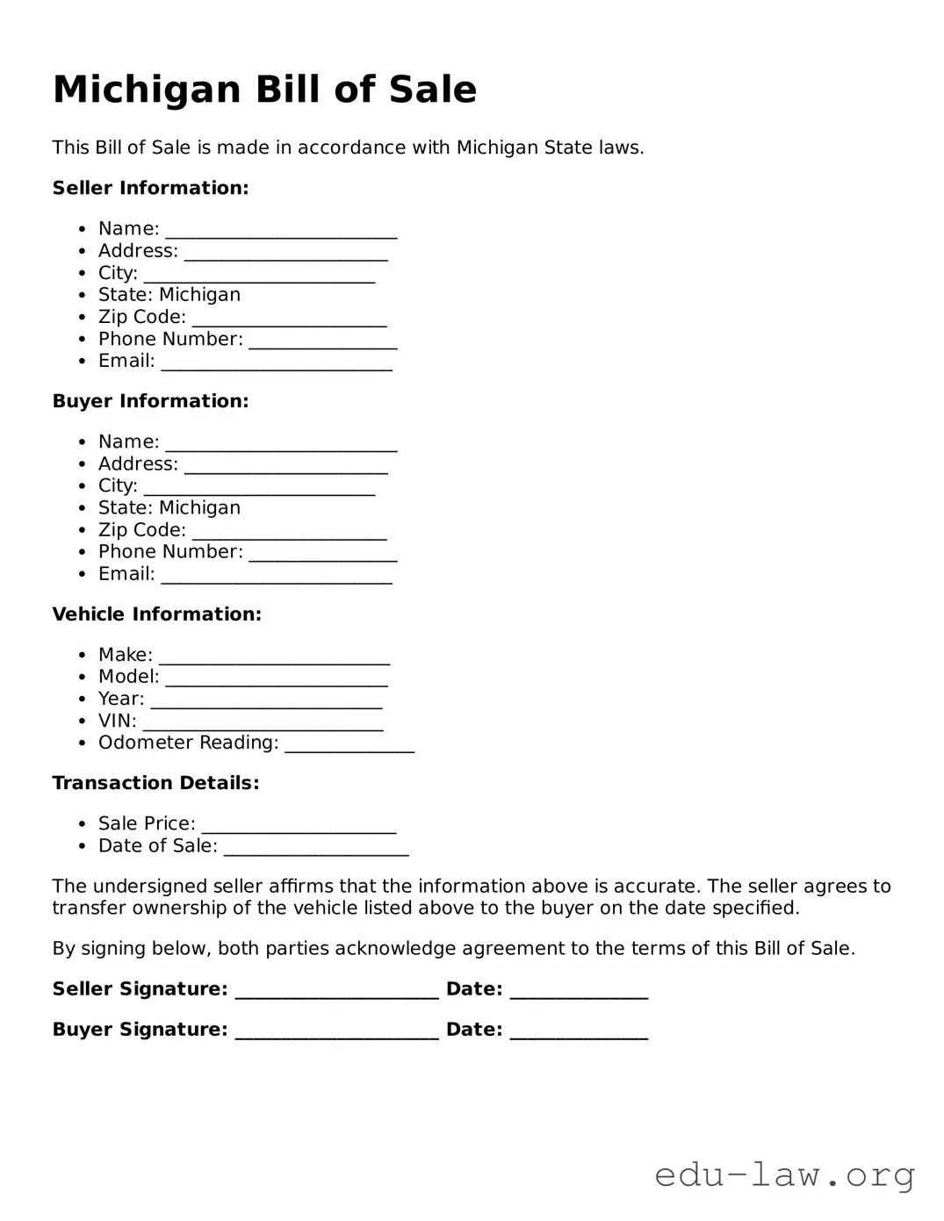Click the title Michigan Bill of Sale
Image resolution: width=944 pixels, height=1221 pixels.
tap(264, 90)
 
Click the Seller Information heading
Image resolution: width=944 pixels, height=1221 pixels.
tap(150, 188)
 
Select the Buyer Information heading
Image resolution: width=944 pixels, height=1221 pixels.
tap(150, 401)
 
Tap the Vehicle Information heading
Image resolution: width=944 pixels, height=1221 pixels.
tap(156, 614)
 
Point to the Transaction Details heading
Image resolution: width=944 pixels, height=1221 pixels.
tap(155, 783)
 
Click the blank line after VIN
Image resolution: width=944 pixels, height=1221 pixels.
tap(263, 723)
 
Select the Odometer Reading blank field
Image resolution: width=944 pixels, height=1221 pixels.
tap(349, 745)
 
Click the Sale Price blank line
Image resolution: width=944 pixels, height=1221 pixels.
tap(299, 826)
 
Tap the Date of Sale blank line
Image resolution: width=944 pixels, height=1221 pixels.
tap(316, 848)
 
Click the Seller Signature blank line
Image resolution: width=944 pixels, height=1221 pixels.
tap(336, 992)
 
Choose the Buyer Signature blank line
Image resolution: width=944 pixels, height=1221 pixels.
tap(336, 1032)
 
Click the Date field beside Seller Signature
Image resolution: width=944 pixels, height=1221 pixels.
tap(579, 992)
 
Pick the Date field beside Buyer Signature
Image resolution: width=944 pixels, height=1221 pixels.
tap(579, 1032)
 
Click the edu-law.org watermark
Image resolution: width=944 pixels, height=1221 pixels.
tap(784, 1174)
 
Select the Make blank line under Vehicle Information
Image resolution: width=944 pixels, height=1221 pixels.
tap(274, 657)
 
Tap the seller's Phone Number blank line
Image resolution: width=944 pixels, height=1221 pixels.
tap(322, 341)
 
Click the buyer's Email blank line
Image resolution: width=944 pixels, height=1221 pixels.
tap(277, 577)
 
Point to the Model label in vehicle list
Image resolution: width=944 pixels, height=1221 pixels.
tap(128, 677)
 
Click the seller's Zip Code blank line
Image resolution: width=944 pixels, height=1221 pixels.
tap(289, 320)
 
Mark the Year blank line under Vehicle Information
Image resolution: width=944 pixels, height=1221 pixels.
tap(266, 701)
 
